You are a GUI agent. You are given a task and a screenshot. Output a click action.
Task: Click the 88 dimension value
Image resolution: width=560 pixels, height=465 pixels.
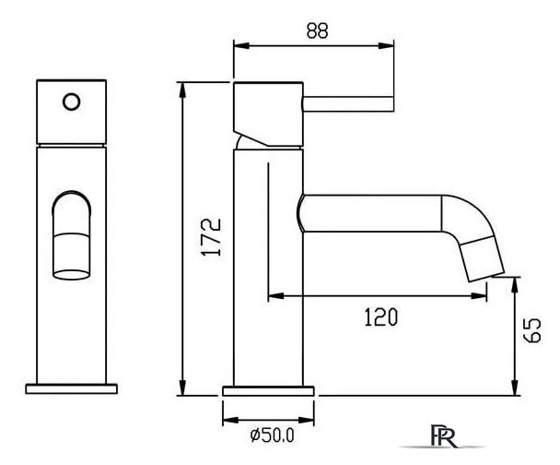[x=317, y=30]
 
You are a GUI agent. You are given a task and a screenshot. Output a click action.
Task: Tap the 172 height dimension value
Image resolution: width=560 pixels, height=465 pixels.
[x=211, y=237]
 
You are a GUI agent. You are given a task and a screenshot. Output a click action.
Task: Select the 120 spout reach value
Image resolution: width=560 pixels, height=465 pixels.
[x=380, y=316]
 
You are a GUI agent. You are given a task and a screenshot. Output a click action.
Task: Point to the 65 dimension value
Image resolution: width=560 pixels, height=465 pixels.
[x=531, y=330]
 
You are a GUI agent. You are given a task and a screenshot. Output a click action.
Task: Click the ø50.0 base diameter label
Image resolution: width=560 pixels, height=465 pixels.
[x=272, y=435]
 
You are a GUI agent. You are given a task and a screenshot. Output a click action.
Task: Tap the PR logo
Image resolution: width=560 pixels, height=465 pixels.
[x=444, y=436]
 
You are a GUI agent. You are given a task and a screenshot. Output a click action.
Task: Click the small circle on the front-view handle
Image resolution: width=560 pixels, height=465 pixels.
[x=72, y=101]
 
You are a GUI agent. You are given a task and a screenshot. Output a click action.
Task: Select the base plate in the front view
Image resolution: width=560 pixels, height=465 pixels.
[x=72, y=388]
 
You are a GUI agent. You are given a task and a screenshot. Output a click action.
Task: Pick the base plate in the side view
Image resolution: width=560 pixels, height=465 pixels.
[x=268, y=391]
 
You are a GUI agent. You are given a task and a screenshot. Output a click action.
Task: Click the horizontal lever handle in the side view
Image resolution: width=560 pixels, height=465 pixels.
[x=348, y=103]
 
